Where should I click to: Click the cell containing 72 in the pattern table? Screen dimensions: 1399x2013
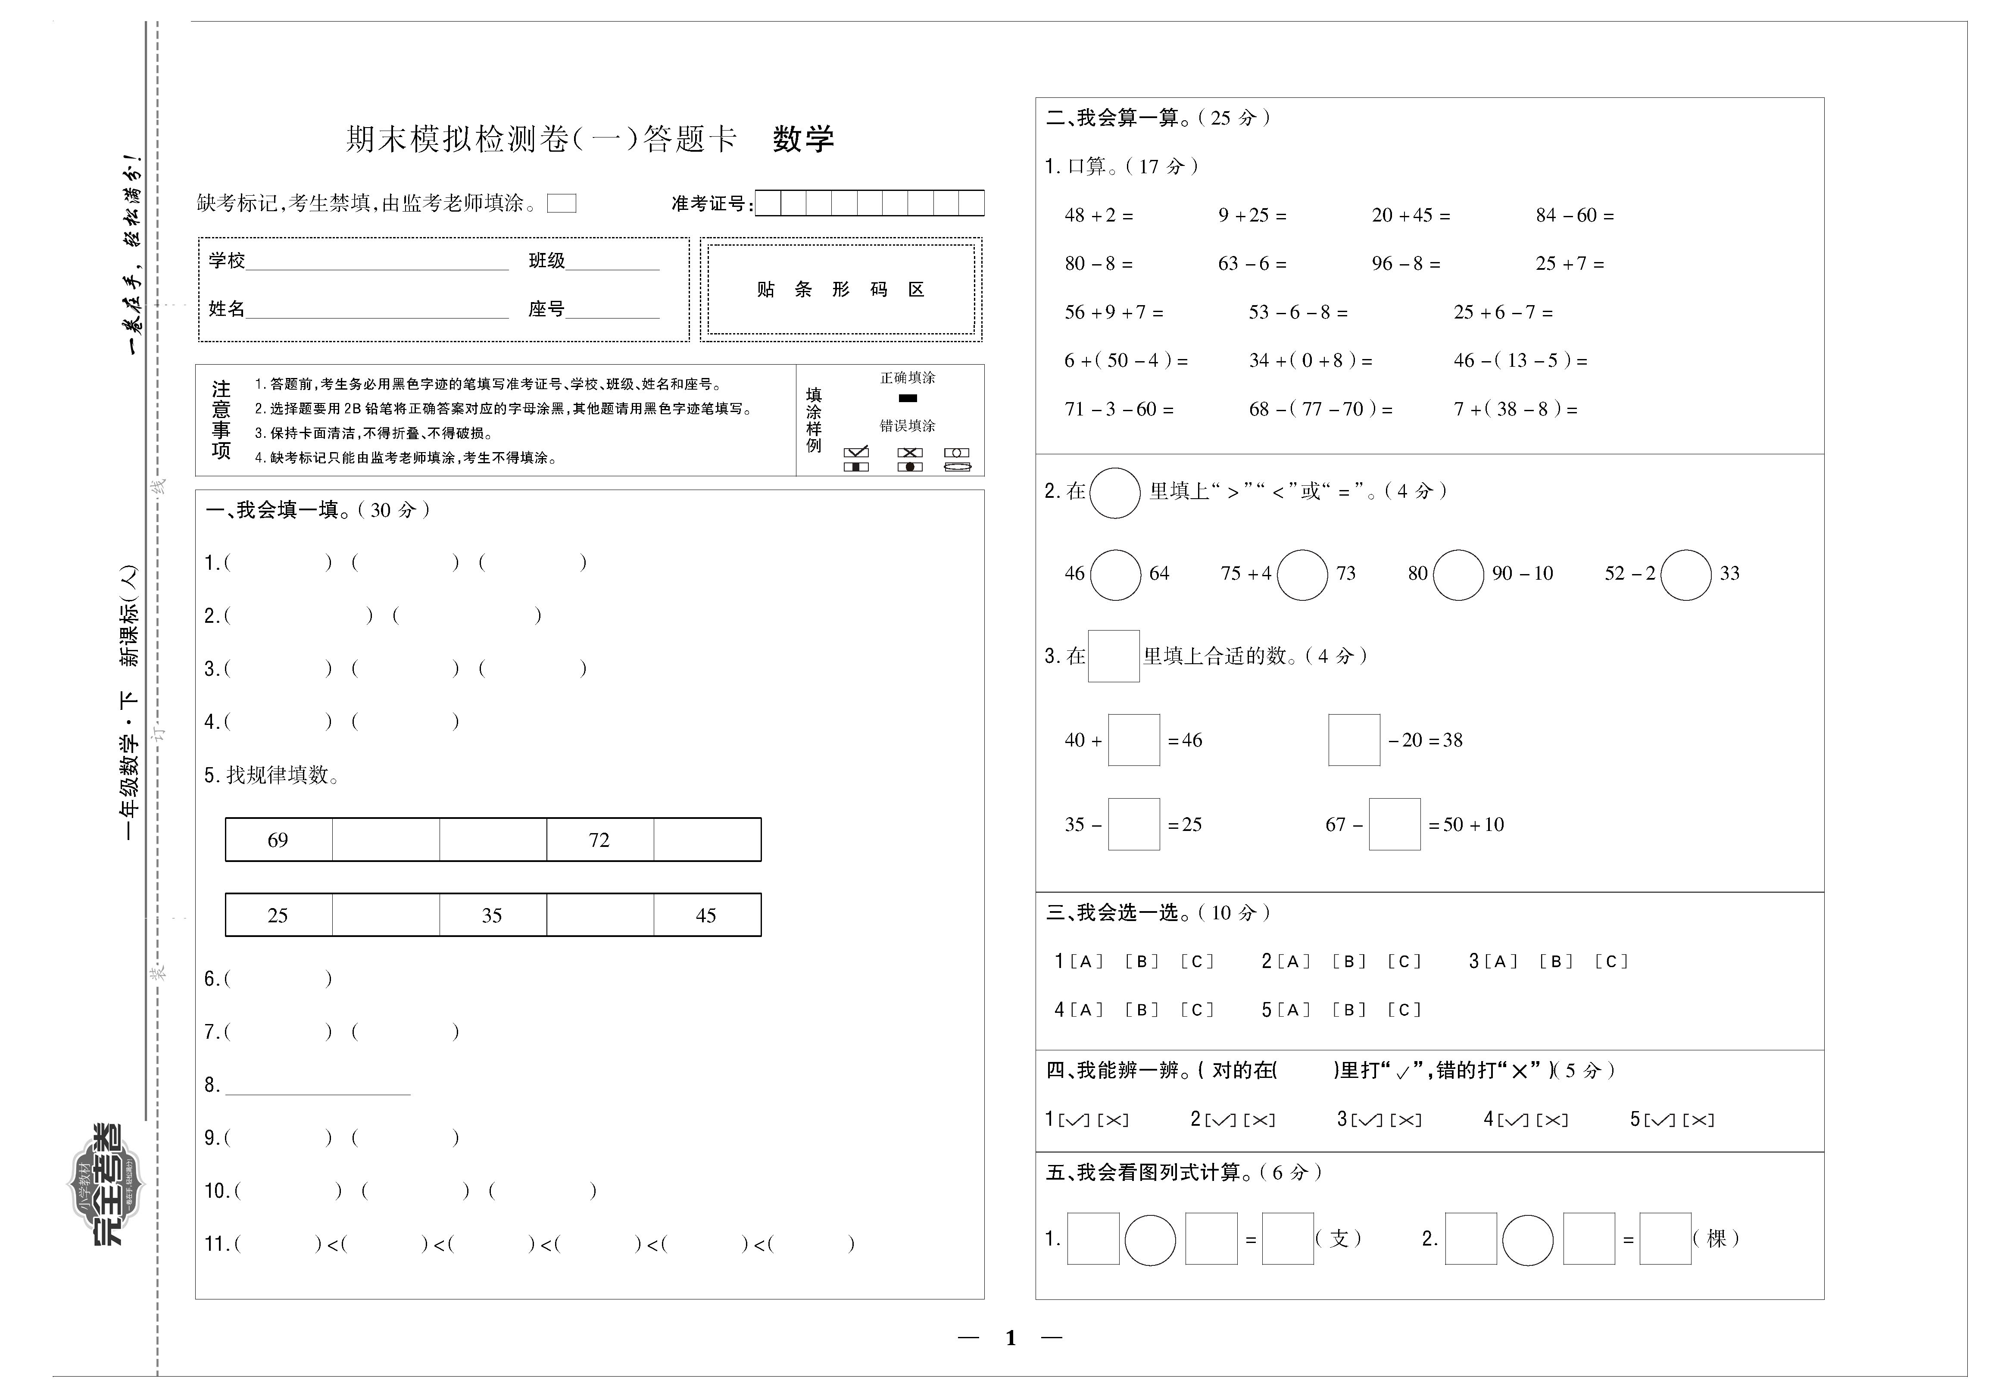599,840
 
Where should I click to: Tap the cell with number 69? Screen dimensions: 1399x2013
278,840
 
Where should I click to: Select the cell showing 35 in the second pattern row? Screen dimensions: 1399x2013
493,915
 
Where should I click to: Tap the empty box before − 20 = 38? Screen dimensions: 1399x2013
1354,740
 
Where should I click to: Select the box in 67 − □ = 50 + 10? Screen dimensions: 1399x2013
1394,824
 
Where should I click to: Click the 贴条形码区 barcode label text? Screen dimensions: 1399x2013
840,289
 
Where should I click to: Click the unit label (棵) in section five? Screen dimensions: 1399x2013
1716,1239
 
